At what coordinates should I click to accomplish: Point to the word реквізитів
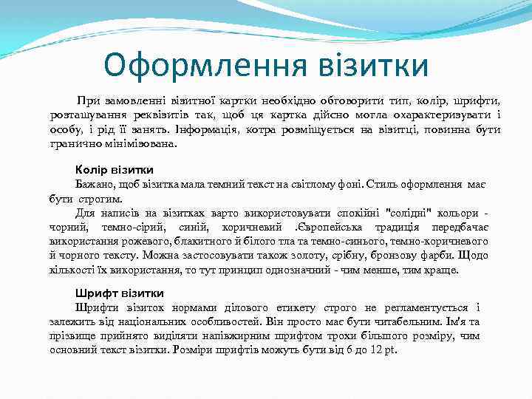coord(171,115)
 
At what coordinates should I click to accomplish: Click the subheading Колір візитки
coord(115,170)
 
